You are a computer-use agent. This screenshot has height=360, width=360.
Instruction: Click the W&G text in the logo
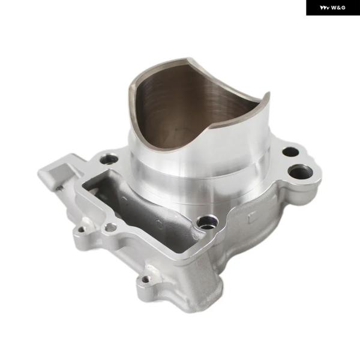(338, 8)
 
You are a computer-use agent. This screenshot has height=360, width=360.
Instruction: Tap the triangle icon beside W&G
(325, 8)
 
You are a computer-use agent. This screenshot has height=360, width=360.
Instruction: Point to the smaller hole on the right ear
(290, 152)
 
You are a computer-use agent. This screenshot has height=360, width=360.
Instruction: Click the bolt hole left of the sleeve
(110, 159)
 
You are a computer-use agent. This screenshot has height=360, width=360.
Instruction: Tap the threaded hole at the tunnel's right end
(208, 222)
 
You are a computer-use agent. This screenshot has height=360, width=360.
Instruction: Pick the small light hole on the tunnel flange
(110, 227)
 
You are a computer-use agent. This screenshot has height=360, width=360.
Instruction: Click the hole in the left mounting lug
(81, 229)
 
